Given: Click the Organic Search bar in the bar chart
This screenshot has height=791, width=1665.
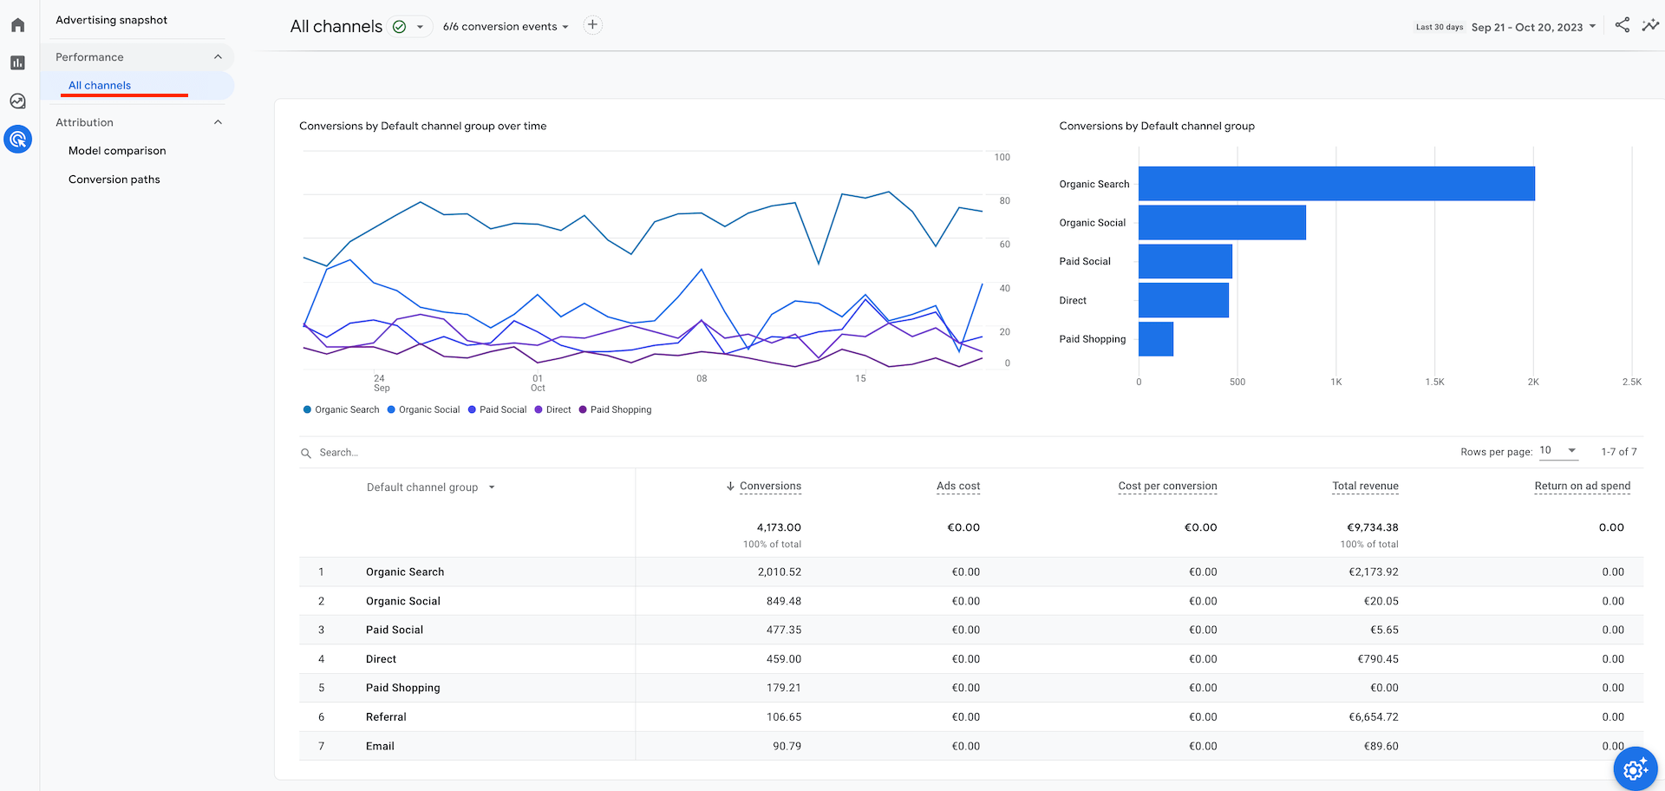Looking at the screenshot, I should [1335, 184].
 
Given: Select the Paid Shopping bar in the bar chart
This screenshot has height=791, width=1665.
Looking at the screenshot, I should [1155, 339].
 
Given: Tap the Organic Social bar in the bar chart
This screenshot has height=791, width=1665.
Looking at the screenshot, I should [1221, 223].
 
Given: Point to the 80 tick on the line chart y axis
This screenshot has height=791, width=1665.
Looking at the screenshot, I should [1004, 200].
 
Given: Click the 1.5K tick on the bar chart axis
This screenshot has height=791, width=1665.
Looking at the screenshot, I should [1434, 382].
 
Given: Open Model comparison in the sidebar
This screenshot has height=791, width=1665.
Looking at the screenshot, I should [117, 151].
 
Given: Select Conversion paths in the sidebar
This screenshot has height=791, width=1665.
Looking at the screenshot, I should [114, 180].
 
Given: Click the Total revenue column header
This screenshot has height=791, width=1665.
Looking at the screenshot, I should [1365, 486].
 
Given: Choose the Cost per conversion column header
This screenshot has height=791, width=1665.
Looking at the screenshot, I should [1167, 486].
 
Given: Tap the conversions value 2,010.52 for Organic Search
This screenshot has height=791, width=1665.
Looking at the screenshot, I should [779, 572].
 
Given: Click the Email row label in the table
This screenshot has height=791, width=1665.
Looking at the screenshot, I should [380, 746].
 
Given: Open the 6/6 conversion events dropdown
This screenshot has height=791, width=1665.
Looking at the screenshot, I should [506, 27].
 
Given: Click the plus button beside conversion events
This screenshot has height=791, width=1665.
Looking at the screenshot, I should [592, 25].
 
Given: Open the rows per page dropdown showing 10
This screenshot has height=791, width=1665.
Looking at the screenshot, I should [1557, 451].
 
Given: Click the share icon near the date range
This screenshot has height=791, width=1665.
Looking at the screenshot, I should [1622, 25].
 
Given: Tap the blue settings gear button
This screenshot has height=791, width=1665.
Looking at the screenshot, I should [1635, 768].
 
